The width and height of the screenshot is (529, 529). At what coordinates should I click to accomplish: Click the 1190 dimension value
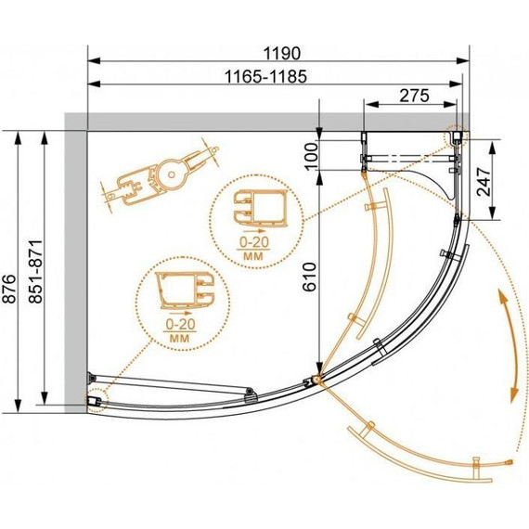[281, 53]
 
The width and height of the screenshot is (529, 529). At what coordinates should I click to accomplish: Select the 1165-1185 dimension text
[265, 77]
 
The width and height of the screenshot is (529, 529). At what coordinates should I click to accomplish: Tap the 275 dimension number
[414, 96]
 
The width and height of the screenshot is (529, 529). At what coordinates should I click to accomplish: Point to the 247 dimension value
[484, 182]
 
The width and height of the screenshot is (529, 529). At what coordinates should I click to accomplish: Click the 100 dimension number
[311, 157]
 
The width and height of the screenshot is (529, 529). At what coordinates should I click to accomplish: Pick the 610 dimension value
[310, 277]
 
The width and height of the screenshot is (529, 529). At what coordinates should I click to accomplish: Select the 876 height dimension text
[8, 289]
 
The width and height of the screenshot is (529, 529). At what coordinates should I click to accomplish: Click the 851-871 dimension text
[35, 272]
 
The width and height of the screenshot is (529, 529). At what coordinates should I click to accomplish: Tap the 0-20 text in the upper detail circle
[254, 242]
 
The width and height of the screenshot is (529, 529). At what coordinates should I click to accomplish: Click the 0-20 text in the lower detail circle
[180, 324]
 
